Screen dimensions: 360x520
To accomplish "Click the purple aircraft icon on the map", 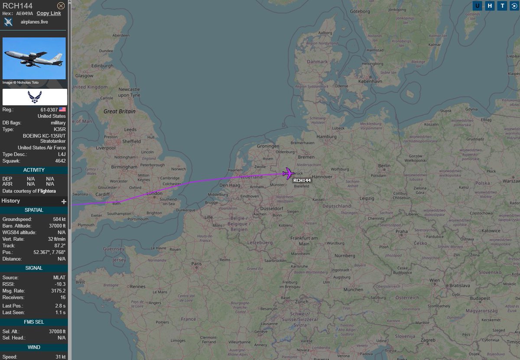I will pyautogui.click(x=288, y=173).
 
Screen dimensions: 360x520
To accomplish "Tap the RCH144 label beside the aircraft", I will pyautogui.click(x=302, y=180).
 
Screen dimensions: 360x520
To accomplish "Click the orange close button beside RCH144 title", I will pyautogui.click(x=61, y=6).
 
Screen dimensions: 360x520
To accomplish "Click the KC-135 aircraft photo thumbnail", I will pyautogui.click(x=34, y=58).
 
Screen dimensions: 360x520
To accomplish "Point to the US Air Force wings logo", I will pyautogui.click(x=35, y=97).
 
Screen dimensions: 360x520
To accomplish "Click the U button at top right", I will pyautogui.click(x=477, y=6).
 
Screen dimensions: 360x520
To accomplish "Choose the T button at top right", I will pyautogui.click(x=502, y=6).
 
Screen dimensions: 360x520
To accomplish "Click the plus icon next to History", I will pyautogui.click(x=64, y=201).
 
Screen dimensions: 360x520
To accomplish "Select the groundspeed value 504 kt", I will pyautogui.click(x=56, y=219).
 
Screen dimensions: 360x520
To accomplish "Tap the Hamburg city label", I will pyautogui.click(x=327, y=136).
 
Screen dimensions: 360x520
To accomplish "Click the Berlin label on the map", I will pyautogui.click(x=384, y=165).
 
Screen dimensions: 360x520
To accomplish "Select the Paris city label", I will pyautogui.click(x=197, y=263).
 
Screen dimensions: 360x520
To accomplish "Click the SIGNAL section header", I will pyautogui.click(x=33, y=268).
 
